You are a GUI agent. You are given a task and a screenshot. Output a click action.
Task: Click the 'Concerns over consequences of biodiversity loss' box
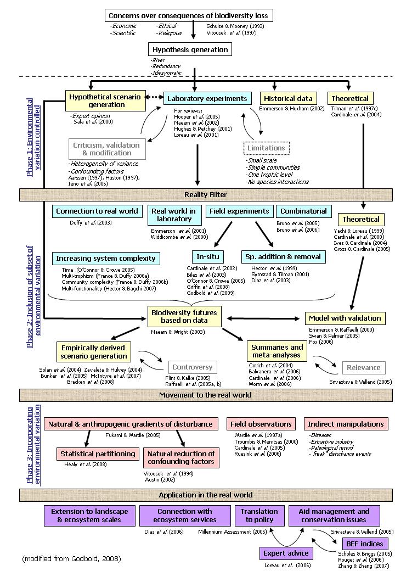click(188, 15)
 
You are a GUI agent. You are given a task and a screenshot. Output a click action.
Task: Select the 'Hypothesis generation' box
click(190, 49)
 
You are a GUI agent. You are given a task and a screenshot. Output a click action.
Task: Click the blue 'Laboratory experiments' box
click(207, 99)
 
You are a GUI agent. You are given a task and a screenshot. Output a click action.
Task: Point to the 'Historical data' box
click(288, 99)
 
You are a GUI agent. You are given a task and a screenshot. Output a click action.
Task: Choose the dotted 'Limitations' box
click(266, 148)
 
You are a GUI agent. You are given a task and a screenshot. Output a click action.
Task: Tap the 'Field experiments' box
click(239, 211)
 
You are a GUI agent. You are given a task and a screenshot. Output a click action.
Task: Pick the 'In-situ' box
click(208, 256)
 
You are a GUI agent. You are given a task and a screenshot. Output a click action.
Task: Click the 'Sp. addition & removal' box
click(283, 256)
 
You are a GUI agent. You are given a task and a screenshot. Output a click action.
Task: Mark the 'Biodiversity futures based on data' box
click(184, 317)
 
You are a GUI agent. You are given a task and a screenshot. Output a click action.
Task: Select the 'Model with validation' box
click(345, 318)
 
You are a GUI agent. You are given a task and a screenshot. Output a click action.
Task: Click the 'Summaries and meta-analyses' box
click(277, 352)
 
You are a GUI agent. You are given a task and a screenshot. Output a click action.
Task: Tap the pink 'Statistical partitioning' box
click(98, 454)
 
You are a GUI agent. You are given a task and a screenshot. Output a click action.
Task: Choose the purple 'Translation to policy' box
click(259, 516)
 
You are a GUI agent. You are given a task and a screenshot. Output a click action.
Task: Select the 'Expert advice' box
click(286, 553)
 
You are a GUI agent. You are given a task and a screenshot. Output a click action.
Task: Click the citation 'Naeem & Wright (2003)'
click(172, 332)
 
